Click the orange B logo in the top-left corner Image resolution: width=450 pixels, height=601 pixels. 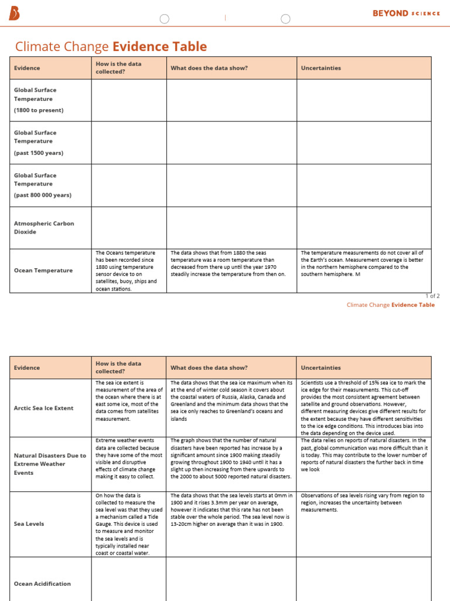(14, 14)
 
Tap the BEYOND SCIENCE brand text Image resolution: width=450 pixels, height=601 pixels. (406, 13)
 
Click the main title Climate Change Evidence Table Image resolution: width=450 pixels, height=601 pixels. (111, 47)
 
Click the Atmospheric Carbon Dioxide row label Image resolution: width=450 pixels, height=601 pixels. (44, 228)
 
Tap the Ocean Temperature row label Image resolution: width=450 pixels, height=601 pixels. (43, 271)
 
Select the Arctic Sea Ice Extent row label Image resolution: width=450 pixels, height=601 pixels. (44, 408)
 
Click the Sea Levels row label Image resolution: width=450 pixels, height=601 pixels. (29, 524)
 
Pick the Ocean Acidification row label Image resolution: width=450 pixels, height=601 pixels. (42, 583)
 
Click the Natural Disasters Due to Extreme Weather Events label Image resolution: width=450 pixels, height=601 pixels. (50, 464)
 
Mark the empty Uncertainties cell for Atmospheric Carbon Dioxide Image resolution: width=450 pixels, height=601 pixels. (363, 228)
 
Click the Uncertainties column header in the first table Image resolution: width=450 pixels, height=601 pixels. (321, 68)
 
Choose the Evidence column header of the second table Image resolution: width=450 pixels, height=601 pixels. (27, 368)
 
